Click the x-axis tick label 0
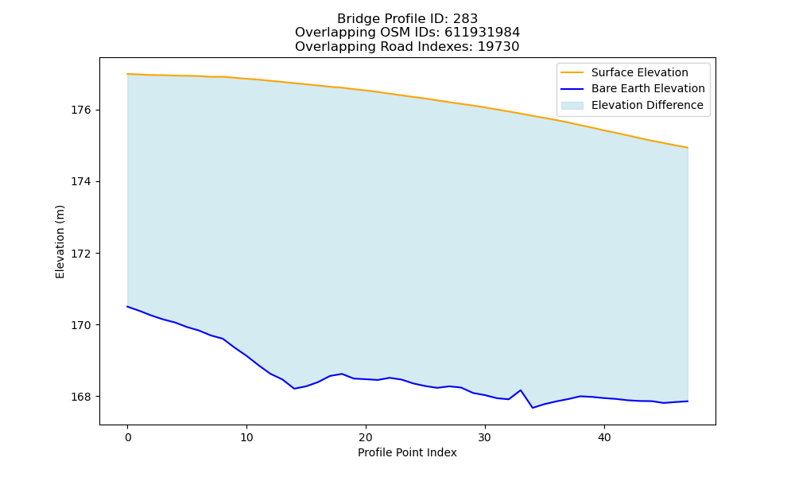(128, 437)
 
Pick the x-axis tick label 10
(246, 437)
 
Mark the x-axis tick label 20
(366, 437)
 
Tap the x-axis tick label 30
(485, 437)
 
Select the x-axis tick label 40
(604, 437)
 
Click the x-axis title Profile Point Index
(407, 452)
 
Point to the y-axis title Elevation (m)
(60, 242)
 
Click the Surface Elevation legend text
(639, 72)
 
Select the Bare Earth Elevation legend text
(648, 89)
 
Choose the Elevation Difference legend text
(647, 106)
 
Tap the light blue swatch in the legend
(572, 106)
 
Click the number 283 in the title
(465, 19)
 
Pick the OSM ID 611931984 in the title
(483, 33)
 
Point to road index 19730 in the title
(498, 47)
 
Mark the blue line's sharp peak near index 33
(521, 390)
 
